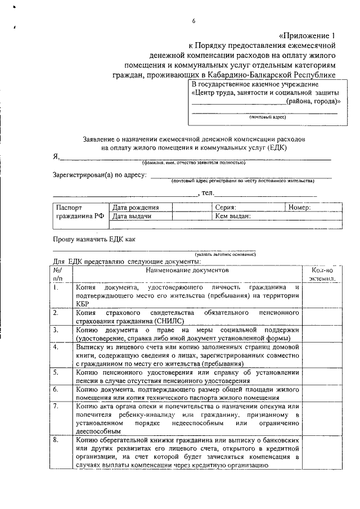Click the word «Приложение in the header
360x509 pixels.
(x=304, y=33)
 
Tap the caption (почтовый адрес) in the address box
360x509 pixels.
(x=268, y=117)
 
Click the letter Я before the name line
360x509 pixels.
(x=55, y=158)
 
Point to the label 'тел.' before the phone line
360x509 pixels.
(x=207, y=193)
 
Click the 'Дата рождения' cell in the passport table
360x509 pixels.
(x=136, y=207)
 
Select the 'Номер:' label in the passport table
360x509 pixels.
(x=299, y=207)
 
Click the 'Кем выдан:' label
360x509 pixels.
(x=233, y=215)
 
